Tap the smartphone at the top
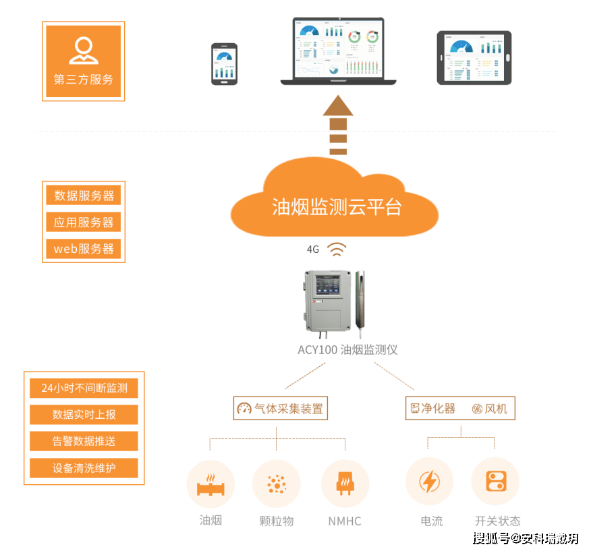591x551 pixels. tap(224, 64)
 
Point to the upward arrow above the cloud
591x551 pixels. tap(338, 125)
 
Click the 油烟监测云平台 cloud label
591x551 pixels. tap(336, 206)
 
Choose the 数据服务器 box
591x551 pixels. tap(84, 196)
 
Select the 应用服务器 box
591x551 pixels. tap(84, 222)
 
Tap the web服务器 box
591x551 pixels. tap(84, 248)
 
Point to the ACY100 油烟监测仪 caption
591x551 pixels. tap(347, 349)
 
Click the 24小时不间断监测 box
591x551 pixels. tap(84, 388)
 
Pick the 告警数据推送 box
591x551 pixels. tap(84, 441)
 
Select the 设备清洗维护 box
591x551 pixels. tap(84, 468)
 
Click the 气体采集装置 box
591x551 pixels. tap(280, 408)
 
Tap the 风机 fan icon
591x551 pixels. tap(477, 409)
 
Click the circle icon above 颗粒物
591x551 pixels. tap(276, 484)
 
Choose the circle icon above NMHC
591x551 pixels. tap(344, 484)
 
